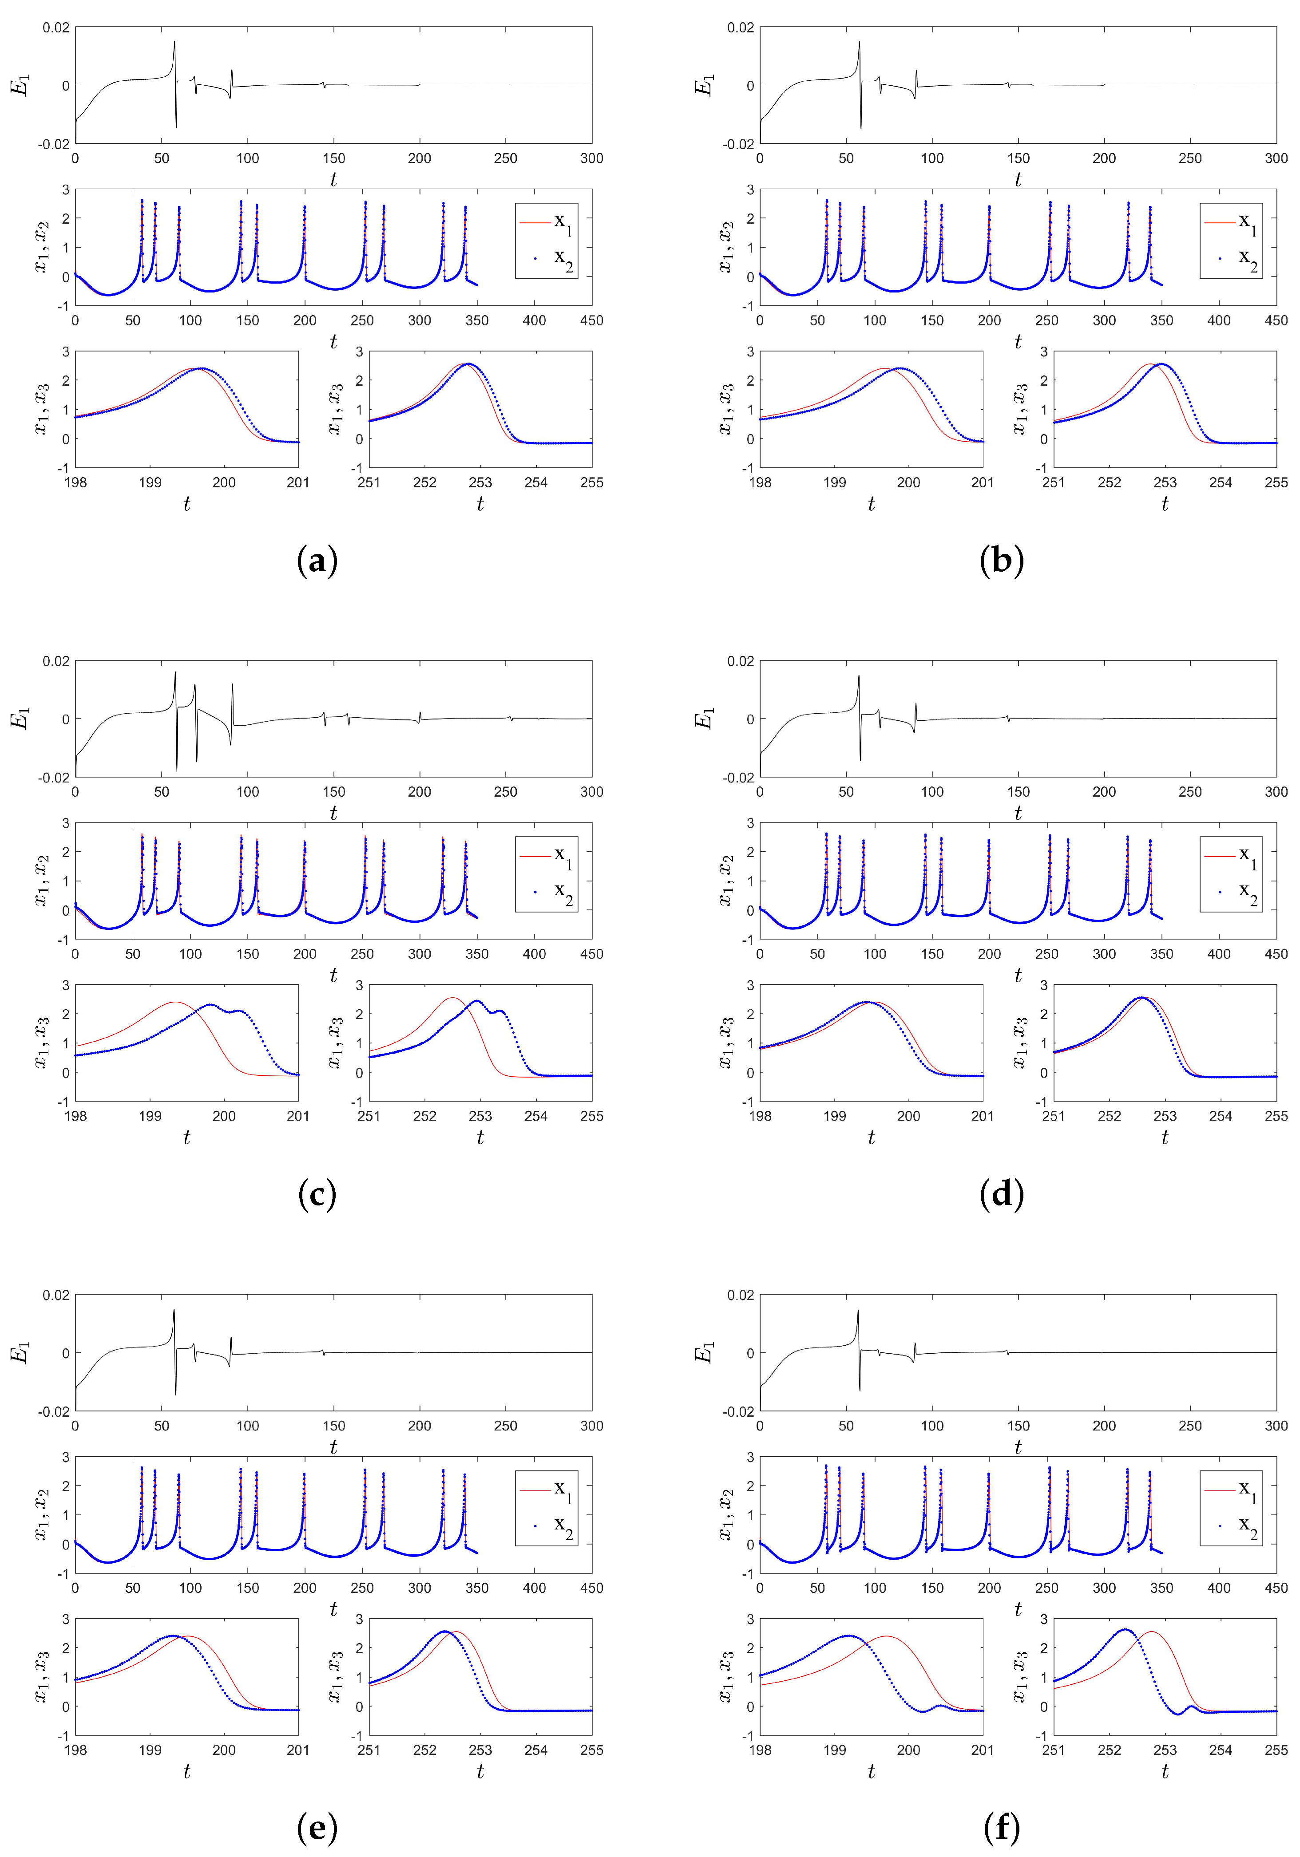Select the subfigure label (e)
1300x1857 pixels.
[317, 1828]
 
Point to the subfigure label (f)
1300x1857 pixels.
[1002, 1828]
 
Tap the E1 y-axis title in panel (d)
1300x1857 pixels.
[706, 718]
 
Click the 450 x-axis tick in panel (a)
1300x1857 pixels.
[591, 320]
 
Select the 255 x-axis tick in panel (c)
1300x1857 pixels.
[591, 1116]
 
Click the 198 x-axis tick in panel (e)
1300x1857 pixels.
[75, 1750]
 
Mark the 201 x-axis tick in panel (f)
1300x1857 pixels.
[982, 1750]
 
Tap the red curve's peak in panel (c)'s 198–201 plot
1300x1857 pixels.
[175, 1002]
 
